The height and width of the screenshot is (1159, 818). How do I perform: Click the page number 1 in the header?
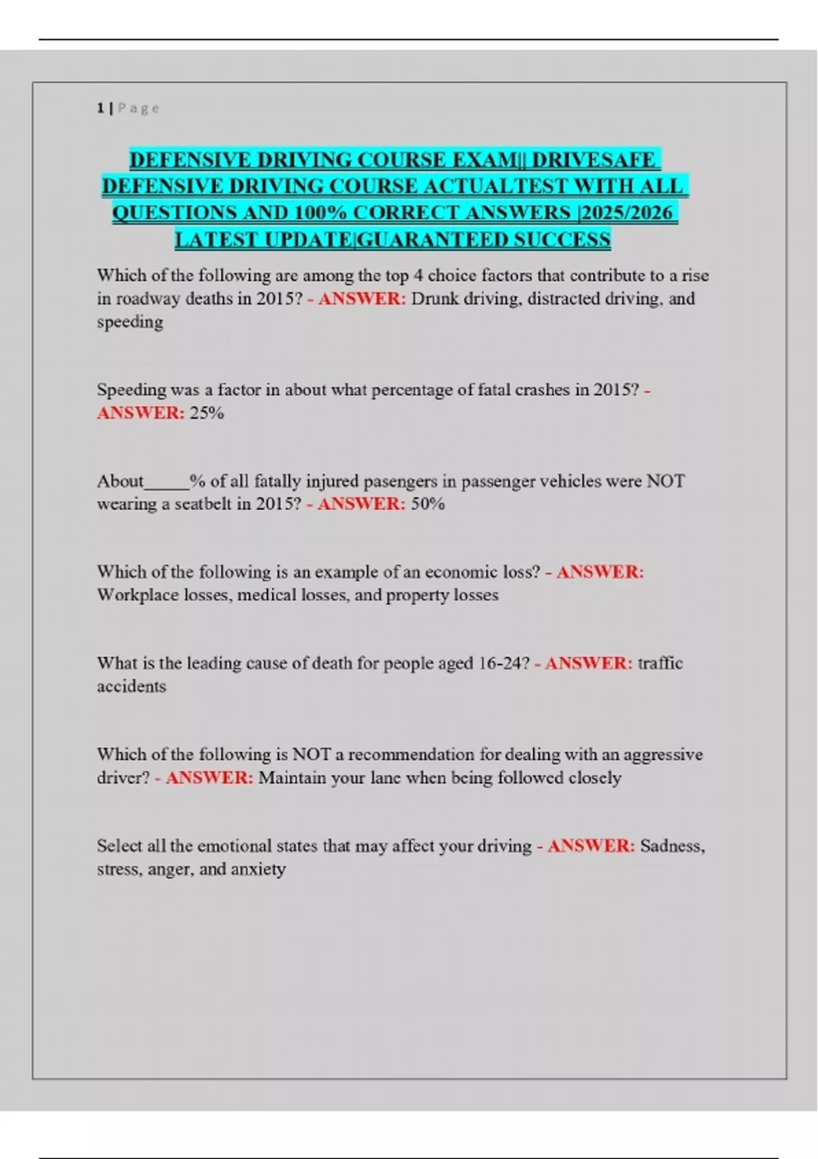point(100,108)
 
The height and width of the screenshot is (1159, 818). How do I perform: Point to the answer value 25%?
point(207,412)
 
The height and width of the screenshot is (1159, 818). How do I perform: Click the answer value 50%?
point(427,504)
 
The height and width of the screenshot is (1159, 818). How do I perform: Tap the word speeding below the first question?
point(130,322)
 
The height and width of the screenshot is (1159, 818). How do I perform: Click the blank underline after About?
point(166,482)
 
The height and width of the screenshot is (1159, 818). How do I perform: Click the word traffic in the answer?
point(660,663)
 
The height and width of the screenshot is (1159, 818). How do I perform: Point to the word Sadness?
point(671,845)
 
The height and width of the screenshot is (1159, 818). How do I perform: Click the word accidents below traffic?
point(131,686)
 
